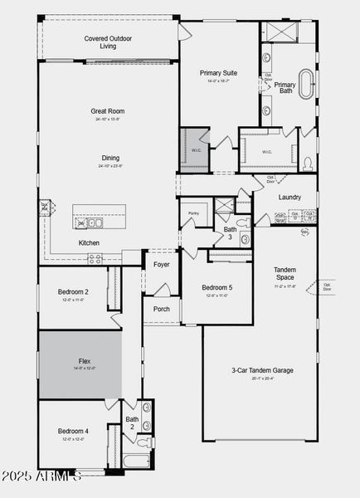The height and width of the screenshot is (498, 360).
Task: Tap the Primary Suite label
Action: tap(217, 73)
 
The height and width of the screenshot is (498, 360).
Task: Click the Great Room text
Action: tap(108, 110)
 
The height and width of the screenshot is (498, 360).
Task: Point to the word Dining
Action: tap(109, 158)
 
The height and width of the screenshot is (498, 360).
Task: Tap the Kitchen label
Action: tap(90, 242)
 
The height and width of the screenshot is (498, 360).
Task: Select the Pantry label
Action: tap(192, 213)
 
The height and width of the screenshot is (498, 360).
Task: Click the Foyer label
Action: tap(161, 265)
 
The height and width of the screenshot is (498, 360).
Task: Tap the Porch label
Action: tap(161, 309)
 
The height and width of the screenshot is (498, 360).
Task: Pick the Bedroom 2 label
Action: tap(73, 292)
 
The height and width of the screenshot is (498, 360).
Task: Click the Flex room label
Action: tap(85, 361)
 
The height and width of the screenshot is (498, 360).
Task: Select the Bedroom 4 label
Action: tap(73, 431)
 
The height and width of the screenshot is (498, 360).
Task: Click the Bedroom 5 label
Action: tap(217, 287)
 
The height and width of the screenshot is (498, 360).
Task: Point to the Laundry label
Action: tap(289, 197)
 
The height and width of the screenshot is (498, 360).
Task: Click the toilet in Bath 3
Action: tap(242, 222)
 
